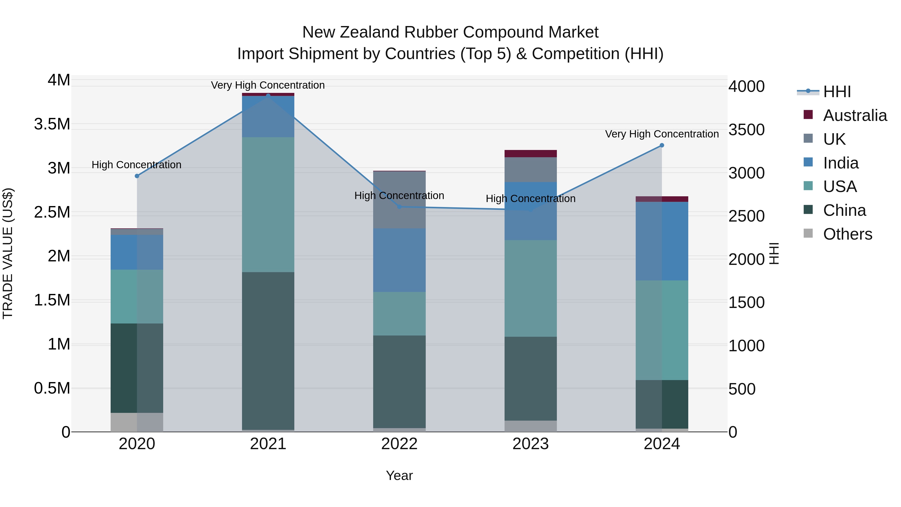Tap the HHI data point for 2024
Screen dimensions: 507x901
[661, 145]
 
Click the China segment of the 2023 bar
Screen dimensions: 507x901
[530, 378]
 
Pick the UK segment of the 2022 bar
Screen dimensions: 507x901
[399, 200]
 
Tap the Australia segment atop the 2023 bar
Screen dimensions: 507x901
[530, 154]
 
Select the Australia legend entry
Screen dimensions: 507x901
[854, 115]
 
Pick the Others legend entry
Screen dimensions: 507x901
[847, 234]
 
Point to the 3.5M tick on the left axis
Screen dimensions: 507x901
[52, 124]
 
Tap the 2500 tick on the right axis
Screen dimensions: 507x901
[746, 216]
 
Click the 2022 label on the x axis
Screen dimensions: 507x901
[399, 444]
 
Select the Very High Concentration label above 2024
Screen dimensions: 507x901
[662, 134]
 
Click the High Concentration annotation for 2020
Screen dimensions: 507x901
[136, 165]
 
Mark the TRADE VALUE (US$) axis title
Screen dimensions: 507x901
[8, 253]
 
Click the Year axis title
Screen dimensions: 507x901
[399, 475]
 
